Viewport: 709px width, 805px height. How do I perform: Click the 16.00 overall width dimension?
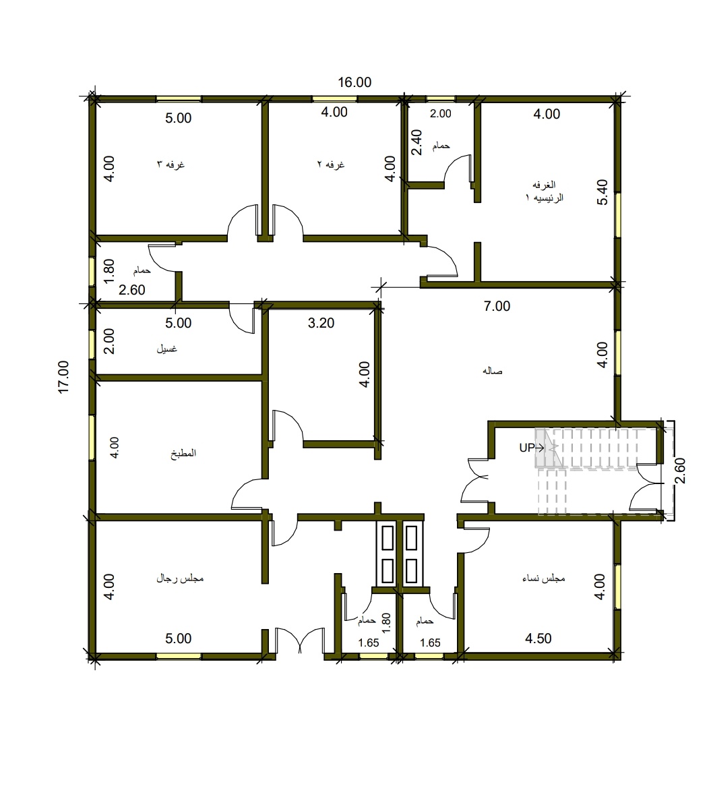pyautogui.click(x=354, y=82)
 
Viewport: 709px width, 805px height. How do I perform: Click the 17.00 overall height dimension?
pyautogui.click(x=63, y=378)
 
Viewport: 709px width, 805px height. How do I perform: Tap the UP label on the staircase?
pyautogui.click(x=527, y=448)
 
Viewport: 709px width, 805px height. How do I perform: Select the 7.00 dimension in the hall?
pyautogui.click(x=497, y=306)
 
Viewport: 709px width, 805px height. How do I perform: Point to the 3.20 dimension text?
pyautogui.click(x=321, y=323)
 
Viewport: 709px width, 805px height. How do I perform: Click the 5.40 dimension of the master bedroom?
pyautogui.click(x=603, y=192)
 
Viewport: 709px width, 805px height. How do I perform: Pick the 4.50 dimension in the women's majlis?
pyautogui.click(x=538, y=638)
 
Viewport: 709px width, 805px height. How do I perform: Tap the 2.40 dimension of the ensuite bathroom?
pyautogui.click(x=417, y=142)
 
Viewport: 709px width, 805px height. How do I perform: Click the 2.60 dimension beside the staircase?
pyautogui.click(x=680, y=471)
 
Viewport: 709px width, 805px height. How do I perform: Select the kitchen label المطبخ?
pyautogui.click(x=183, y=453)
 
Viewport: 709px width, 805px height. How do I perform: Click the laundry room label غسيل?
pyautogui.click(x=166, y=349)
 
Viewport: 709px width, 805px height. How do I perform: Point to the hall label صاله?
pyautogui.click(x=493, y=371)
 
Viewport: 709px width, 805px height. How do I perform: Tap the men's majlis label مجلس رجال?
pyautogui.click(x=180, y=578)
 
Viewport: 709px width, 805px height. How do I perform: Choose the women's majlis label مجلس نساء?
pyautogui.click(x=544, y=578)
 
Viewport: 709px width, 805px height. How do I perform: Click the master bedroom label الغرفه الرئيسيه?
pyautogui.click(x=545, y=191)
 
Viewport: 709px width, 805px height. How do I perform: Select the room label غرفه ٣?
pyautogui.click(x=171, y=165)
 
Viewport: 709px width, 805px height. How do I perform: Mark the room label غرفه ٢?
pyautogui.click(x=331, y=165)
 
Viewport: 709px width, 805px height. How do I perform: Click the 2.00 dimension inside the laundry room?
pyautogui.click(x=109, y=341)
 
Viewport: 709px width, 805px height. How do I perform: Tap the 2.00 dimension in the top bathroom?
pyautogui.click(x=440, y=113)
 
